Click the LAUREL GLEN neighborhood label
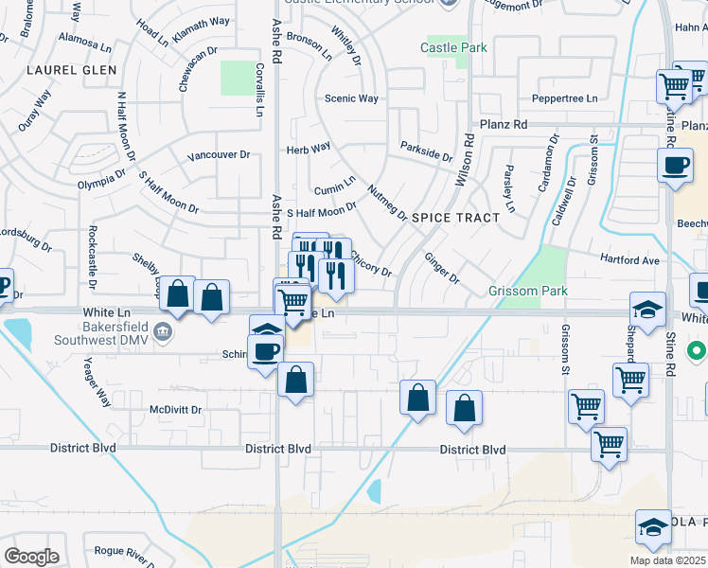tap(72, 70)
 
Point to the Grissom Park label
tap(528, 291)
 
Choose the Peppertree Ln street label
tap(566, 98)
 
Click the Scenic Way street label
tap(351, 98)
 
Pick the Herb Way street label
tap(309, 148)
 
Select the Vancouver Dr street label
tap(218, 155)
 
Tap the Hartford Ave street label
tap(629, 259)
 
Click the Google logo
tap(31, 557)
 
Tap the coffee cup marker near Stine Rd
tap(675, 166)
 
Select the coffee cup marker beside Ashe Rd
tap(264, 350)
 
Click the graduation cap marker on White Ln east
tap(647, 309)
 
